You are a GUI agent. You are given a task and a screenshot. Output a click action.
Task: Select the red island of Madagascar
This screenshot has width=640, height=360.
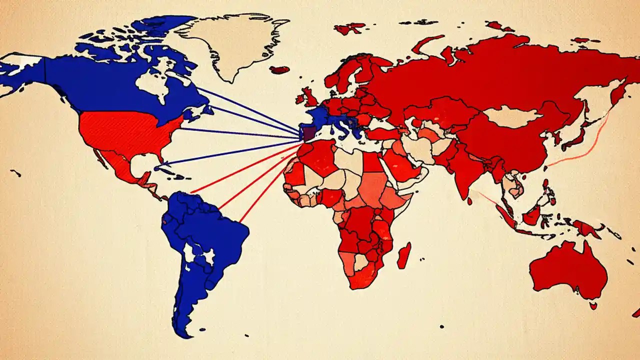404,255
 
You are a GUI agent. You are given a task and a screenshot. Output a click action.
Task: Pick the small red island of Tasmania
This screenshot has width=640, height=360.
593,305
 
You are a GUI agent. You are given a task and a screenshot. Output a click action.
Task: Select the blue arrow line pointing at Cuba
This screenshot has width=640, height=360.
230,152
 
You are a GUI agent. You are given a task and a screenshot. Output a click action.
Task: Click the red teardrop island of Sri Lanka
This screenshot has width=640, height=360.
470,200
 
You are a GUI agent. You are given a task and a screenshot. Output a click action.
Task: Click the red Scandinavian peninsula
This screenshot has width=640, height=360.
350,72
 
